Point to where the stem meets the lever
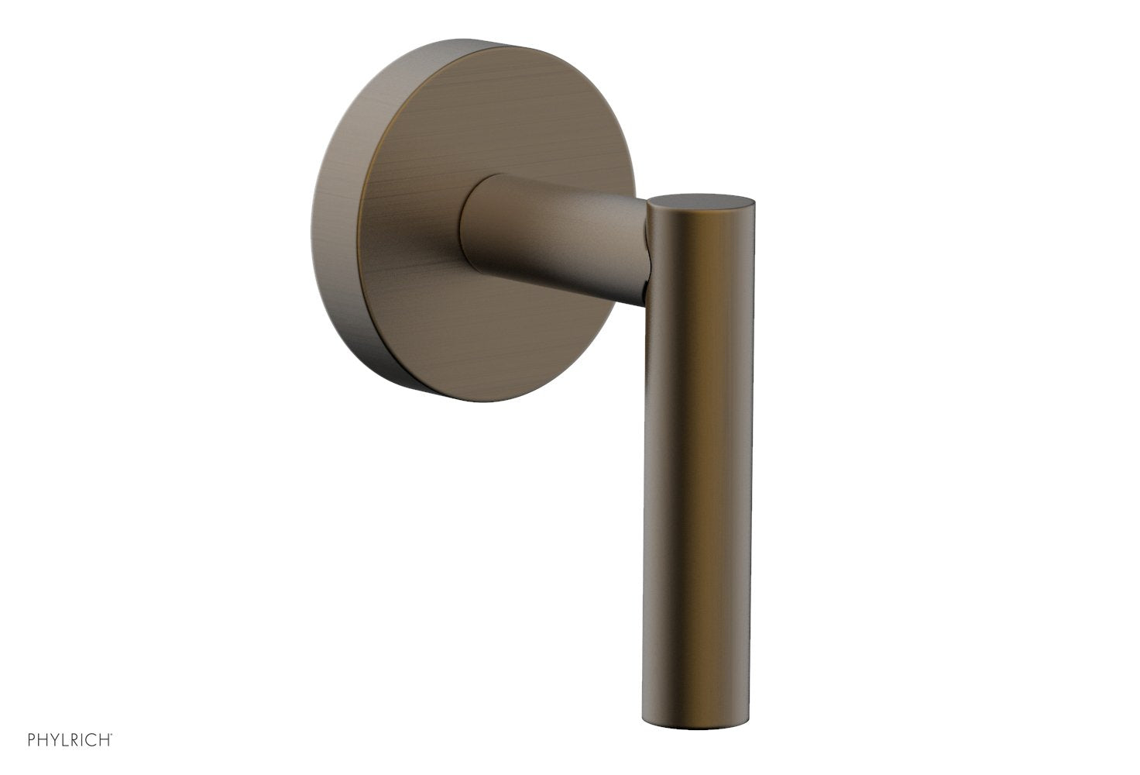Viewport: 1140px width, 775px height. (x=644, y=248)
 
